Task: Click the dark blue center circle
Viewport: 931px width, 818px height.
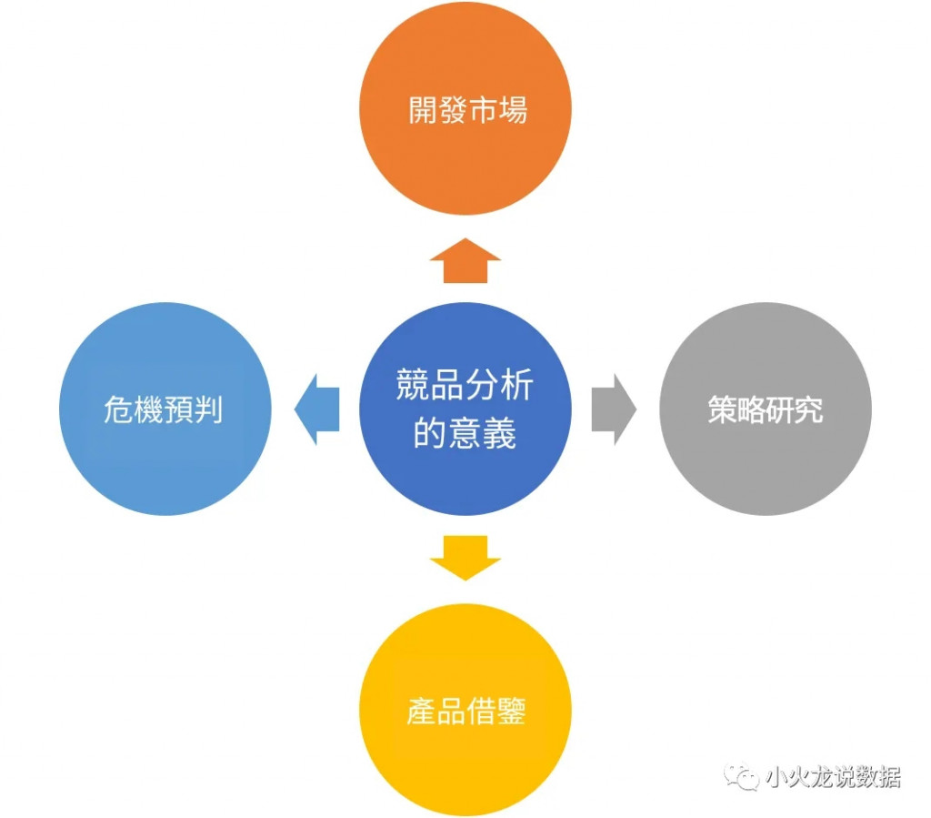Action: (465, 409)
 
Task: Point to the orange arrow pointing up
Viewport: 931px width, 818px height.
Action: (465, 261)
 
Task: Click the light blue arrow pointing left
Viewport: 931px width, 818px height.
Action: (317, 409)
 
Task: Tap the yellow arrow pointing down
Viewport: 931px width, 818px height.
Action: (465, 557)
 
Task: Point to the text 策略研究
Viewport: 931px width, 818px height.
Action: (766, 409)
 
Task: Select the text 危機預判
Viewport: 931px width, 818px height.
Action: (164, 409)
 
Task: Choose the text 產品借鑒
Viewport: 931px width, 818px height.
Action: (466, 711)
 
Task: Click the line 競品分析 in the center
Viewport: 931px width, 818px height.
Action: (465, 386)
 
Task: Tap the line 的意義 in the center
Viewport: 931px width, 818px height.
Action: (465, 433)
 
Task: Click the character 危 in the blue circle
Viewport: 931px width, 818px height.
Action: (119, 409)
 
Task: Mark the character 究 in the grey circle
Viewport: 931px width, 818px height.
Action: (809, 409)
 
